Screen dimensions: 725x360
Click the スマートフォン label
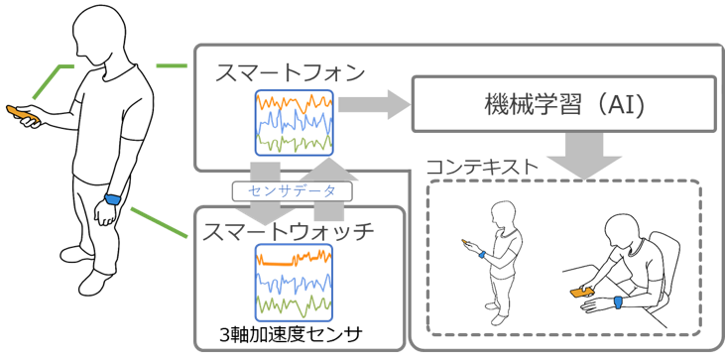(291, 73)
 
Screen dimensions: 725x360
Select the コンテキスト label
(482, 167)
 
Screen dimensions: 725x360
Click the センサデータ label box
(292, 191)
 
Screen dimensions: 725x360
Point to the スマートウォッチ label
(288, 231)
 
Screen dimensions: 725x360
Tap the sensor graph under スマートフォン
(295, 122)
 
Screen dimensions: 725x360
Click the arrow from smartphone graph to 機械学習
(375, 104)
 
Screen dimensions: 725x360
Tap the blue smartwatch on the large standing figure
(113, 199)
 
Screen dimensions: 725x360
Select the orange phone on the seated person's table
(582, 292)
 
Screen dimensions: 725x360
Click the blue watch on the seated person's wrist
(618, 302)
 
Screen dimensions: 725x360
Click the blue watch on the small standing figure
(482, 255)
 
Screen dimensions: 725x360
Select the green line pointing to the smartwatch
(160, 223)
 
